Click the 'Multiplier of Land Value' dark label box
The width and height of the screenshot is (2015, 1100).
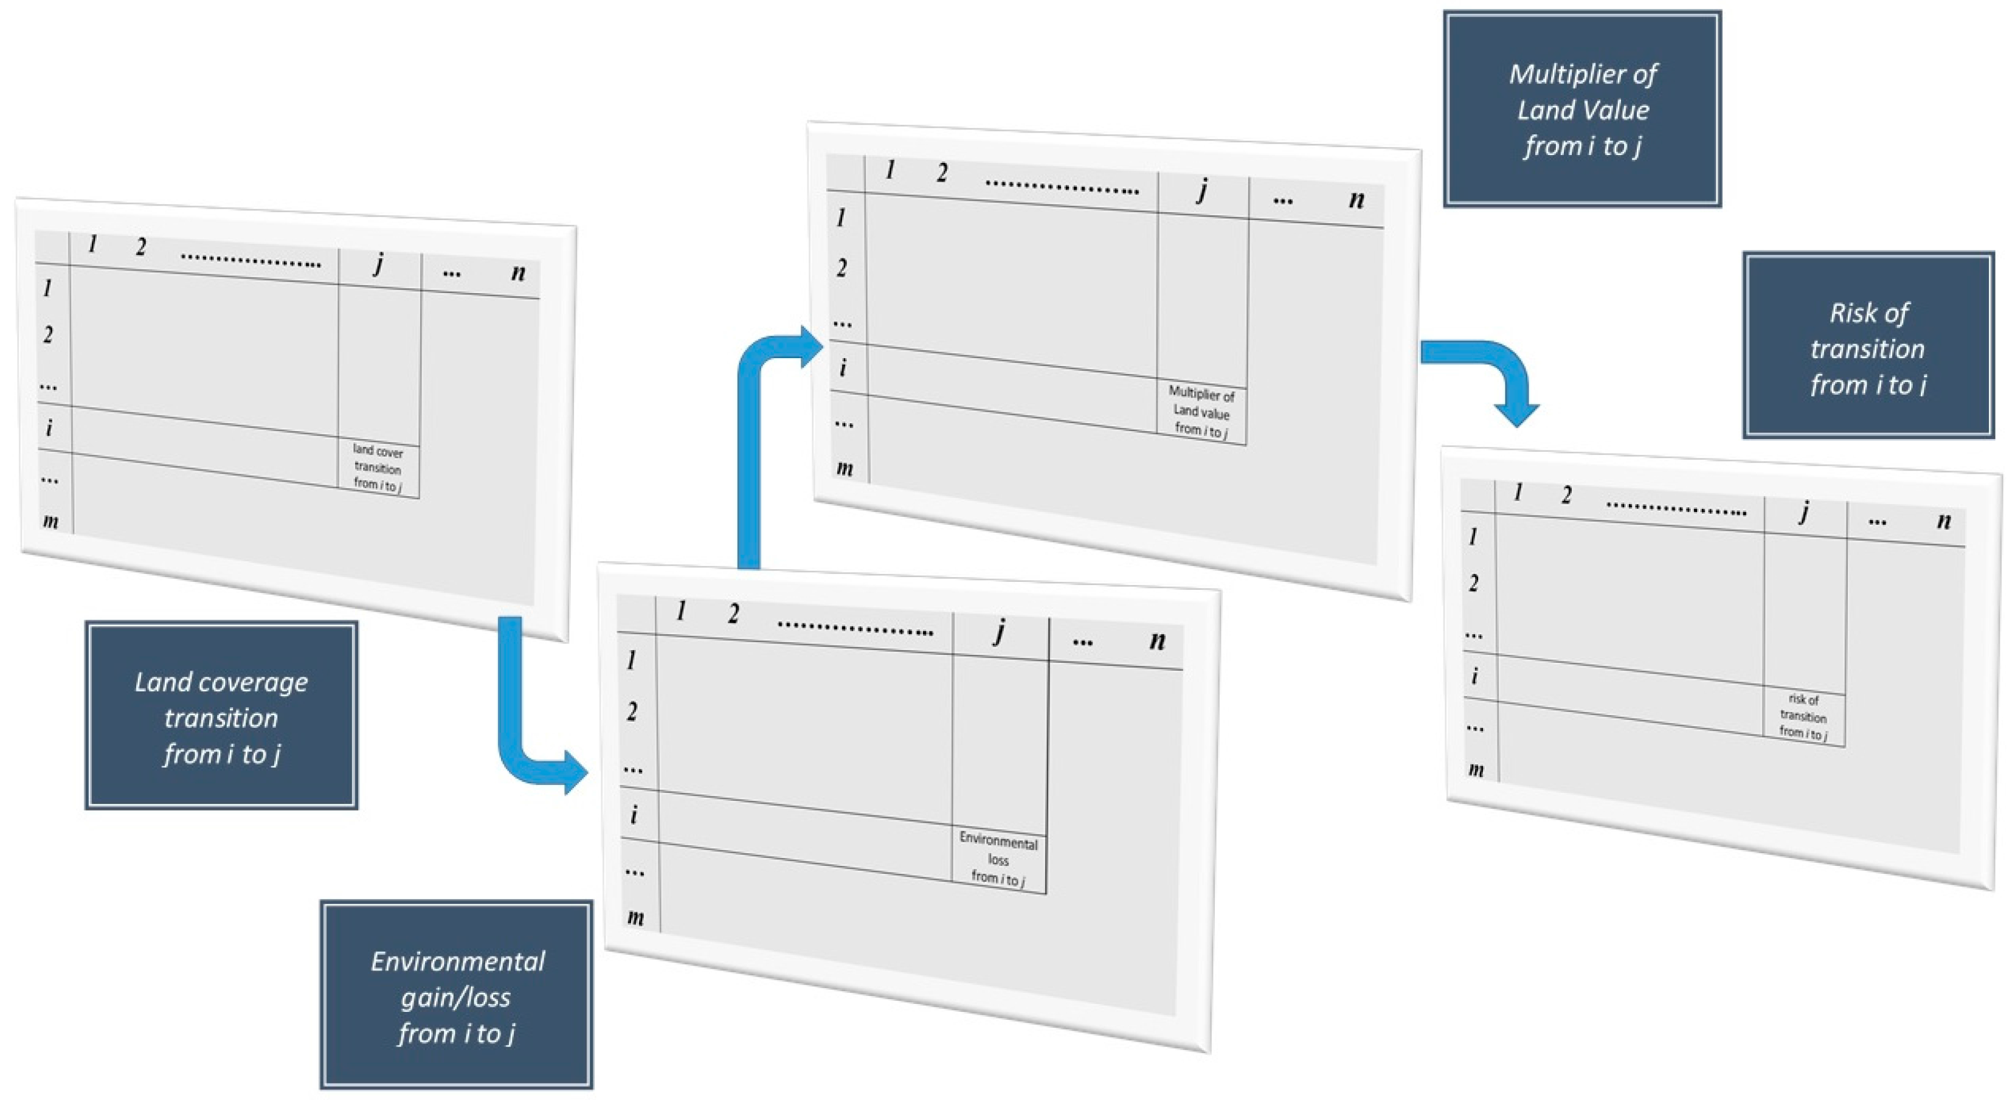click(x=1581, y=109)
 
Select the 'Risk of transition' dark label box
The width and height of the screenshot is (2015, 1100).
click(x=1868, y=347)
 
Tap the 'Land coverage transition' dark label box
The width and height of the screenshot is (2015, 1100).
click(x=221, y=716)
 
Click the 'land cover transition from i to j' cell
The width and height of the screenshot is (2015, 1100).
click(x=378, y=468)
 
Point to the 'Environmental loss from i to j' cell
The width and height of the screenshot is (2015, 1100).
click(x=998, y=860)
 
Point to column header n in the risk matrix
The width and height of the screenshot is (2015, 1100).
click(x=1944, y=521)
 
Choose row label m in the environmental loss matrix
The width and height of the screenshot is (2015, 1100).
click(x=636, y=917)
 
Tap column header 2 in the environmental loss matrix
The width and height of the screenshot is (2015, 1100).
click(x=733, y=614)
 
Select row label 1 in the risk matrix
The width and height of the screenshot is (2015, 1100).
click(x=1473, y=537)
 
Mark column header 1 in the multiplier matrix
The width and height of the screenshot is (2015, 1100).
click(x=890, y=170)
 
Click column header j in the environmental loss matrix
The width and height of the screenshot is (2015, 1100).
click(x=999, y=631)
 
